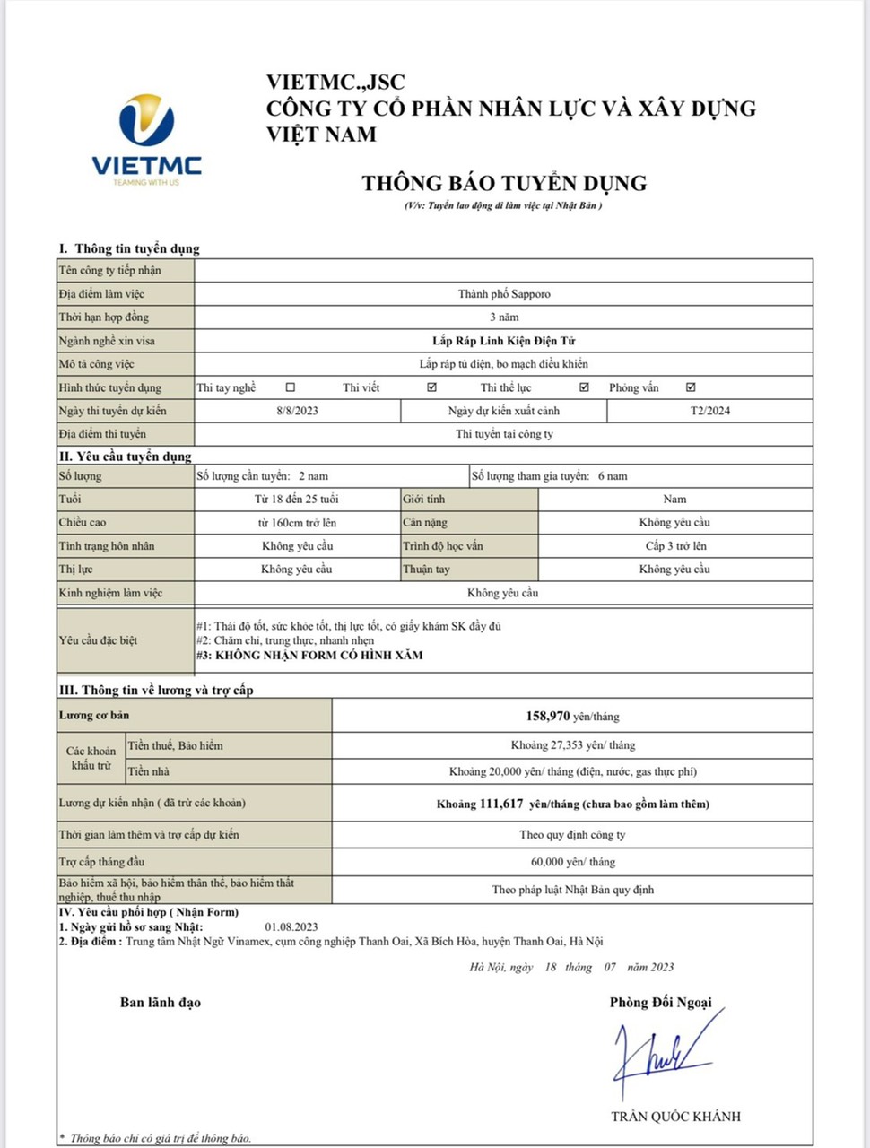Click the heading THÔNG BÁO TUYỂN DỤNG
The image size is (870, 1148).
(504, 183)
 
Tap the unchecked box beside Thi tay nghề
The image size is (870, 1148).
(290, 387)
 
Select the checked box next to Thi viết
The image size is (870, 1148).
(432, 387)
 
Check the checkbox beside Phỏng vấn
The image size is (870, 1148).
(691, 387)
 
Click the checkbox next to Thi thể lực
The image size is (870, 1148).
(585, 387)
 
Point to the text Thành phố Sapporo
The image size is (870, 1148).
(504, 294)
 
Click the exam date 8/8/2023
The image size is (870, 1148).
(298, 411)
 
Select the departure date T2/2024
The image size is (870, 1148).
(710, 411)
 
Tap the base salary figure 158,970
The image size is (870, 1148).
(548, 716)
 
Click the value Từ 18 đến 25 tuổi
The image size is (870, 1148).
(297, 500)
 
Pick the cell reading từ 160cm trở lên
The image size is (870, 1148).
(297, 523)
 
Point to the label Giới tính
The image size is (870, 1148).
(424, 500)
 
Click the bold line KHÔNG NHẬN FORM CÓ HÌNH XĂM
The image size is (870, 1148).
(318, 656)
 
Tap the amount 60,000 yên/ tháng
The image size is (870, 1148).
(573, 862)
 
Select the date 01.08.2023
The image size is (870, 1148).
(291, 926)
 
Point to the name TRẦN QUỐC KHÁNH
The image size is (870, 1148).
(676, 1117)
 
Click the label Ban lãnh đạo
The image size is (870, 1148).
(161, 1003)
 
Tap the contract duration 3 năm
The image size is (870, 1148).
(504, 317)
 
